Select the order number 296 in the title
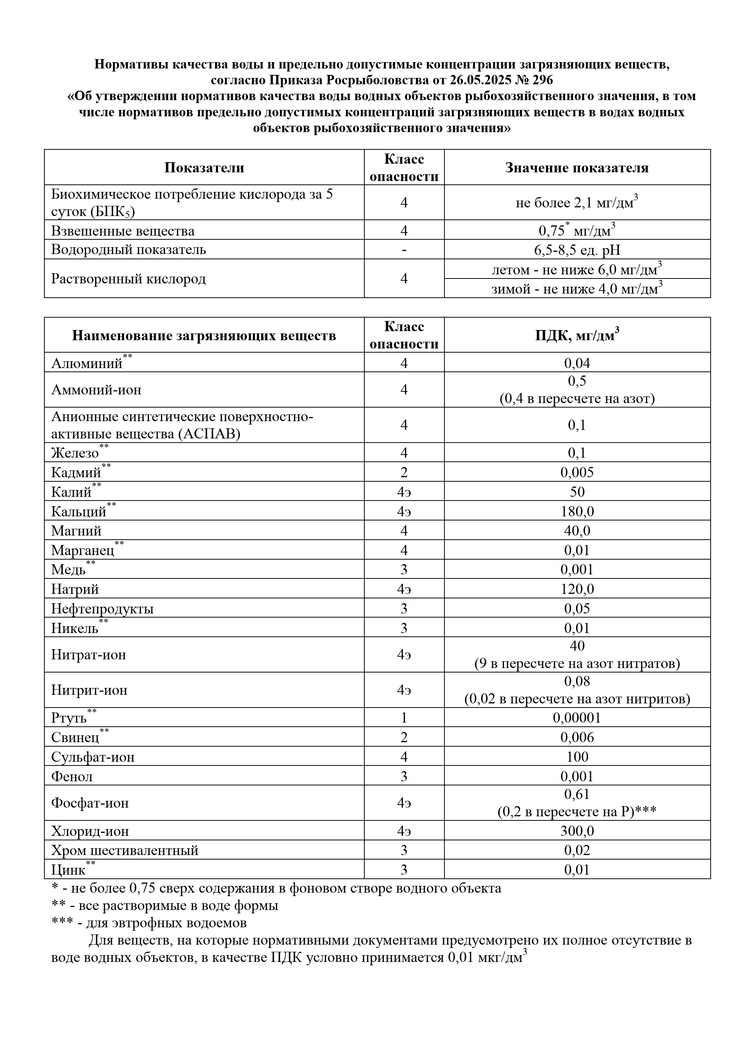[x=543, y=81]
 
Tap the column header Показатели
[x=204, y=167]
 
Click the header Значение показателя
[x=577, y=167]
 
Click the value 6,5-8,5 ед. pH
[x=577, y=250]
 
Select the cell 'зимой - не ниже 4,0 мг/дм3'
[x=577, y=289]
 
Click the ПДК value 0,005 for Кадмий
[x=577, y=472]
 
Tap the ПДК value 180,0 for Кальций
[x=577, y=511]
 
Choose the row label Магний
[x=76, y=531]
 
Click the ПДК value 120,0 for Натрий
[x=577, y=589]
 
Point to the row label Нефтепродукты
[x=102, y=609]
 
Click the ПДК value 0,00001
[x=577, y=718]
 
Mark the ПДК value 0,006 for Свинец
[x=577, y=737]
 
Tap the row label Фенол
[x=72, y=776]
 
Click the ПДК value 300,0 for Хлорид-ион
[x=577, y=831]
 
